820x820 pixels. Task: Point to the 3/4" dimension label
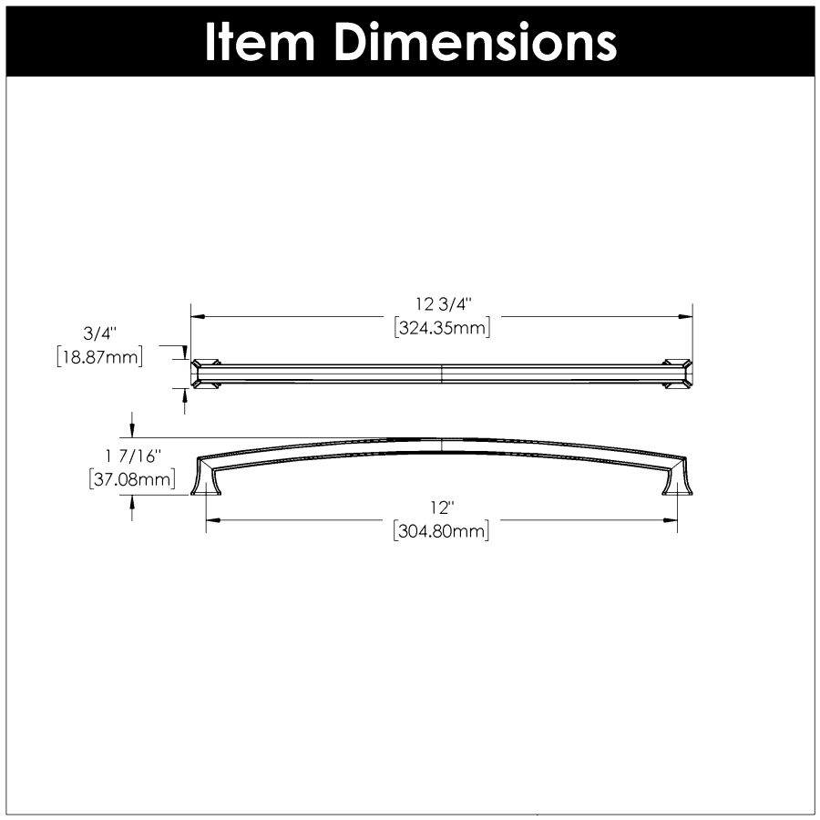(98, 333)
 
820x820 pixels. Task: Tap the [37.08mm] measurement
(132, 479)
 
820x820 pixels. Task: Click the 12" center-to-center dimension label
(441, 508)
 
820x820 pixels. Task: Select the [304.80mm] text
(442, 532)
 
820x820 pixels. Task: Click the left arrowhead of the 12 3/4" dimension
(198, 316)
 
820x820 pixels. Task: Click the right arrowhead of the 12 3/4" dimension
(686, 316)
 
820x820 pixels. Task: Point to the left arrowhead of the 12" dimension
(213, 521)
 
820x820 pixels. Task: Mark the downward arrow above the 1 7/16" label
(133, 429)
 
